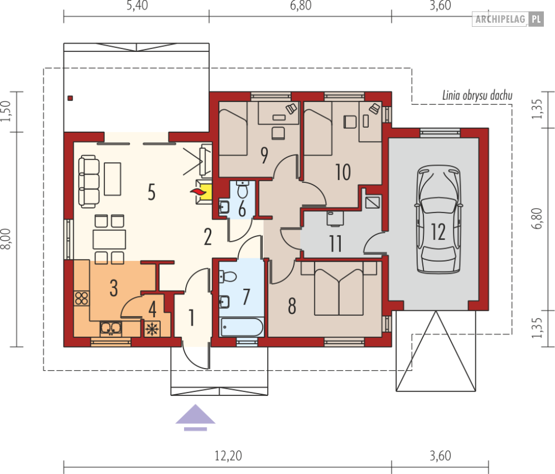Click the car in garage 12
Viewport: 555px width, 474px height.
click(x=439, y=219)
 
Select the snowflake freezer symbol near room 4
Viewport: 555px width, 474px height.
click(x=152, y=329)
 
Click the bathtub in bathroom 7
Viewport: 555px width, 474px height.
click(x=242, y=327)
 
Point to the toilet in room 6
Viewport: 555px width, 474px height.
click(x=243, y=190)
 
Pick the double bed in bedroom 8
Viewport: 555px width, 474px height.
click(x=339, y=288)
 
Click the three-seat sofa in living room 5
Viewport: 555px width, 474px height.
click(x=89, y=181)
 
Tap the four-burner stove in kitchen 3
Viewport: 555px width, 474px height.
click(x=81, y=298)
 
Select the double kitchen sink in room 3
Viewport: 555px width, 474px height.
click(x=111, y=329)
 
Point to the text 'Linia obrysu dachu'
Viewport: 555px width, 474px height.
click(x=477, y=95)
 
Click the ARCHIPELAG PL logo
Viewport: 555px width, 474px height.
click(x=508, y=19)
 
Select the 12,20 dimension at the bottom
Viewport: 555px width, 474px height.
click(x=228, y=456)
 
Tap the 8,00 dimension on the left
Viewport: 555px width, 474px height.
click(x=6, y=239)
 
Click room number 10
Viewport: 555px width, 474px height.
click(x=343, y=172)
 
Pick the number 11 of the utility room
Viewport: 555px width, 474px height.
click(x=335, y=244)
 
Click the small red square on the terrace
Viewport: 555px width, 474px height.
click(x=70, y=98)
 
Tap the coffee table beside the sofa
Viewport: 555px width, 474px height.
click(x=113, y=179)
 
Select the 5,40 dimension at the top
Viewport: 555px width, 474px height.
click(x=137, y=6)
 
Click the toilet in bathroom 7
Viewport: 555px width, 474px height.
click(x=228, y=276)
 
